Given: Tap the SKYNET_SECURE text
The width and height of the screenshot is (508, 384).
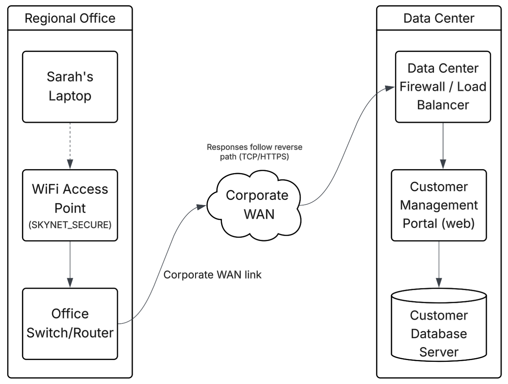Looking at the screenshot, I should [x=70, y=225].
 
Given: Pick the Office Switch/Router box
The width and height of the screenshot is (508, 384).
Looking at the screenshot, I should [x=70, y=324].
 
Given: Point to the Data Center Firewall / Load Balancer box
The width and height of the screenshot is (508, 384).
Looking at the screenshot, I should [x=443, y=87].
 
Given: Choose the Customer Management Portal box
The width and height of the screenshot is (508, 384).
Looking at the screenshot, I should [x=439, y=205].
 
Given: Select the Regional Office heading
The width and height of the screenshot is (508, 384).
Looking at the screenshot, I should [x=70, y=18].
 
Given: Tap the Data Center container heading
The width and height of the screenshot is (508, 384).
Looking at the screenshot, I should [x=439, y=18].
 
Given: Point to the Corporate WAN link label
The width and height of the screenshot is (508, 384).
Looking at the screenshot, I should [x=213, y=275].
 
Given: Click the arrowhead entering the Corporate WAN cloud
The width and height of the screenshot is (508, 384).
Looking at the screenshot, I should [x=201, y=207].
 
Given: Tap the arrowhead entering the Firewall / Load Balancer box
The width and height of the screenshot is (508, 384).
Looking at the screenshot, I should [x=390, y=88].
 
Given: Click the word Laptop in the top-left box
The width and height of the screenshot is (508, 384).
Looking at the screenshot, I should [x=70, y=96].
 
